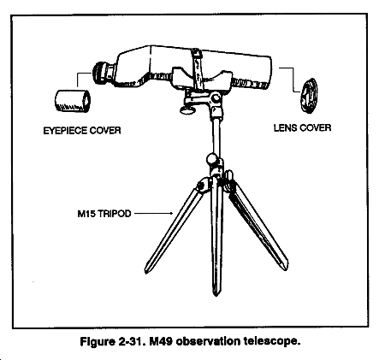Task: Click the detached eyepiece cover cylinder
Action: click(x=73, y=101)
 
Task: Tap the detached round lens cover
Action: click(x=309, y=96)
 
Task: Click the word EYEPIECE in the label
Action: click(x=65, y=131)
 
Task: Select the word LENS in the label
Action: click(x=286, y=127)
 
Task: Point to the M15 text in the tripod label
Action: click(x=86, y=214)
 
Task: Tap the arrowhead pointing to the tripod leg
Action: click(x=171, y=213)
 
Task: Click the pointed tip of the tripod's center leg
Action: click(x=216, y=295)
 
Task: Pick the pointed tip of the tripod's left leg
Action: click(x=146, y=273)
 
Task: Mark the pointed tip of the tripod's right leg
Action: click(x=287, y=269)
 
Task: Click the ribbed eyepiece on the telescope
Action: click(x=101, y=73)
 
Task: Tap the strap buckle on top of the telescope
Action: click(x=196, y=53)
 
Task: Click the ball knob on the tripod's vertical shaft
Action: click(x=212, y=158)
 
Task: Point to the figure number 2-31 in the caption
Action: click(x=129, y=341)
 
